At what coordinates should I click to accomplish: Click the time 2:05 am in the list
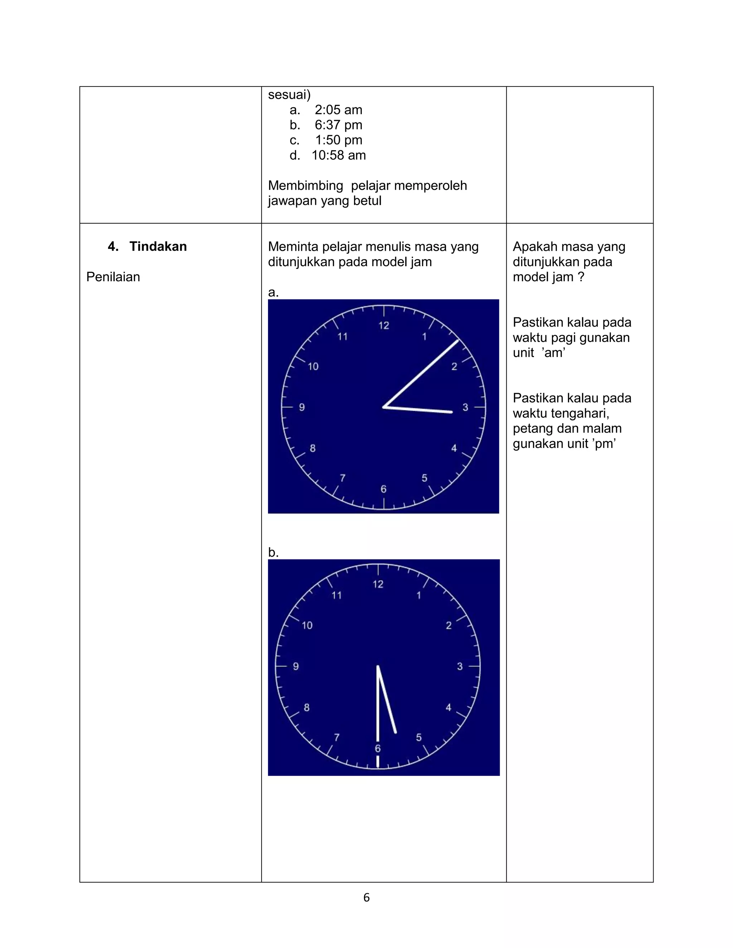(x=338, y=110)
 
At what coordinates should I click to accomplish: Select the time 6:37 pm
(x=338, y=125)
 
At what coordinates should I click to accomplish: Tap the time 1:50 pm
(x=338, y=140)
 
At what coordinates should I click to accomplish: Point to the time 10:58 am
(x=338, y=155)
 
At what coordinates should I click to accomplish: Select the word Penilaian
(x=113, y=277)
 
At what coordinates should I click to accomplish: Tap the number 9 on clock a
(x=302, y=407)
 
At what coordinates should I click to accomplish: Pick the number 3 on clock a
(x=465, y=407)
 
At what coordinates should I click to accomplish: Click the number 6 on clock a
(x=383, y=489)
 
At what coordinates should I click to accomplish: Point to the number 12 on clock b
(x=378, y=584)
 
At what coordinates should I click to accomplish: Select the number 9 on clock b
(x=296, y=666)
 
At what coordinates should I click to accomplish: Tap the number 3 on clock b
(x=460, y=666)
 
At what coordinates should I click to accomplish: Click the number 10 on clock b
(x=307, y=625)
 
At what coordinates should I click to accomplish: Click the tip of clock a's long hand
(x=458, y=340)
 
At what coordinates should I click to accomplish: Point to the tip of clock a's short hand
(x=452, y=412)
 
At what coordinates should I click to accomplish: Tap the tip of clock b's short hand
(x=395, y=733)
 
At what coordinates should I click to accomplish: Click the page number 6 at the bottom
(x=366, y=898)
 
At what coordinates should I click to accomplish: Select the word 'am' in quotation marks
(x=554, y=353)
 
